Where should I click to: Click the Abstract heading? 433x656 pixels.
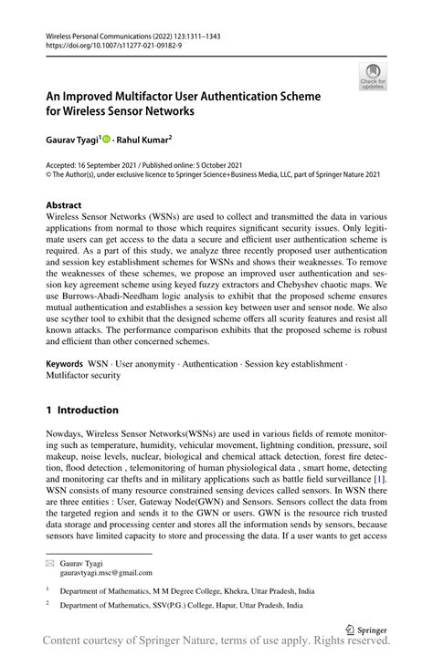(64, 206)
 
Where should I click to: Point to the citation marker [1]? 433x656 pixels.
(377, 479)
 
